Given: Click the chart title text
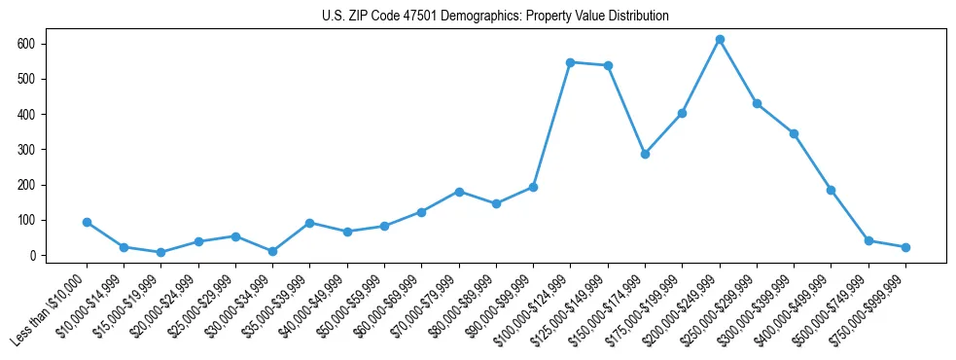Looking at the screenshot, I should [495, 17].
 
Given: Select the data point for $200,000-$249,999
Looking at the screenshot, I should [720, 40].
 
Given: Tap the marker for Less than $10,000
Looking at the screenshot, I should [87, 222].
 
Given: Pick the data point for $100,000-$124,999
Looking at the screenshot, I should [571, 62].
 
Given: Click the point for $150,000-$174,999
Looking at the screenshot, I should [645, 154].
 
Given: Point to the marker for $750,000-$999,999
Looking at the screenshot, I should [905, 247].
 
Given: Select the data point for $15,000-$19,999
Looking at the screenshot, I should [160, 252].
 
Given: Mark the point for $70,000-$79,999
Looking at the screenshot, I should [459, 192].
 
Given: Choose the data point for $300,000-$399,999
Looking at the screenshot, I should [794, 133].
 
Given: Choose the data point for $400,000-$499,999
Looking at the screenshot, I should [831, 190].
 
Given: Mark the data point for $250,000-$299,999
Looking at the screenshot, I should [757, 103].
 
